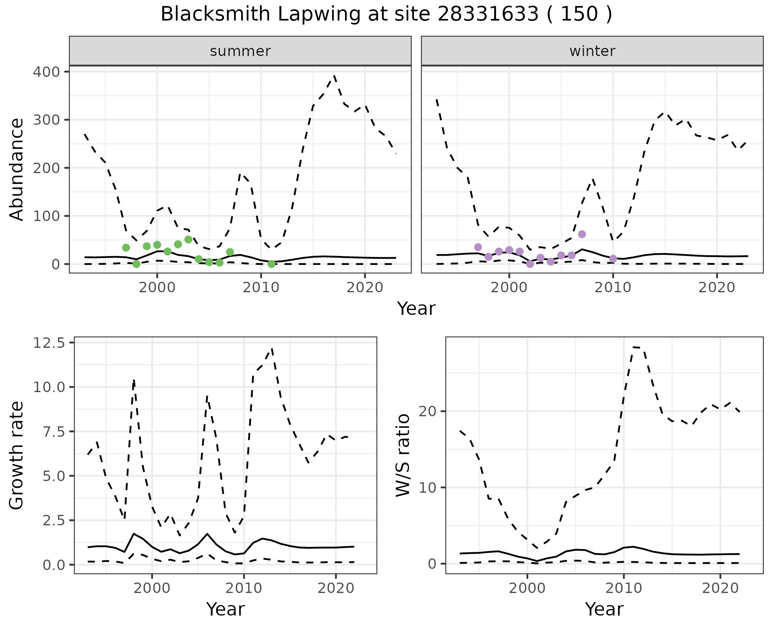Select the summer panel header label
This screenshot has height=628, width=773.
(x=240, y=51)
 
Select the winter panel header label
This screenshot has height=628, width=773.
(x=592, y=51)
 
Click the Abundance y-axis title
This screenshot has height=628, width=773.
(x=17, y=169)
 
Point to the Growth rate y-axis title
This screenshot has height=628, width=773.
(x=17, y=456)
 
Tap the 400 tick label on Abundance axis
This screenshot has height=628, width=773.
(x=45, y=72)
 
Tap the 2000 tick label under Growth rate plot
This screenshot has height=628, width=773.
(x=151, y=588)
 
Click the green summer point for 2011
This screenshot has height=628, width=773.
(x=271, y=264)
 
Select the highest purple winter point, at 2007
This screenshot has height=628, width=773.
(x=582, y=234)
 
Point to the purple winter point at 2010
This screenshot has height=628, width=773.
(x=613, y=258)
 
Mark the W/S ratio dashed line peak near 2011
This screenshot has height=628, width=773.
(x=634, y=347)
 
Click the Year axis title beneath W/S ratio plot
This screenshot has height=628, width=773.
(x=604, y=609)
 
